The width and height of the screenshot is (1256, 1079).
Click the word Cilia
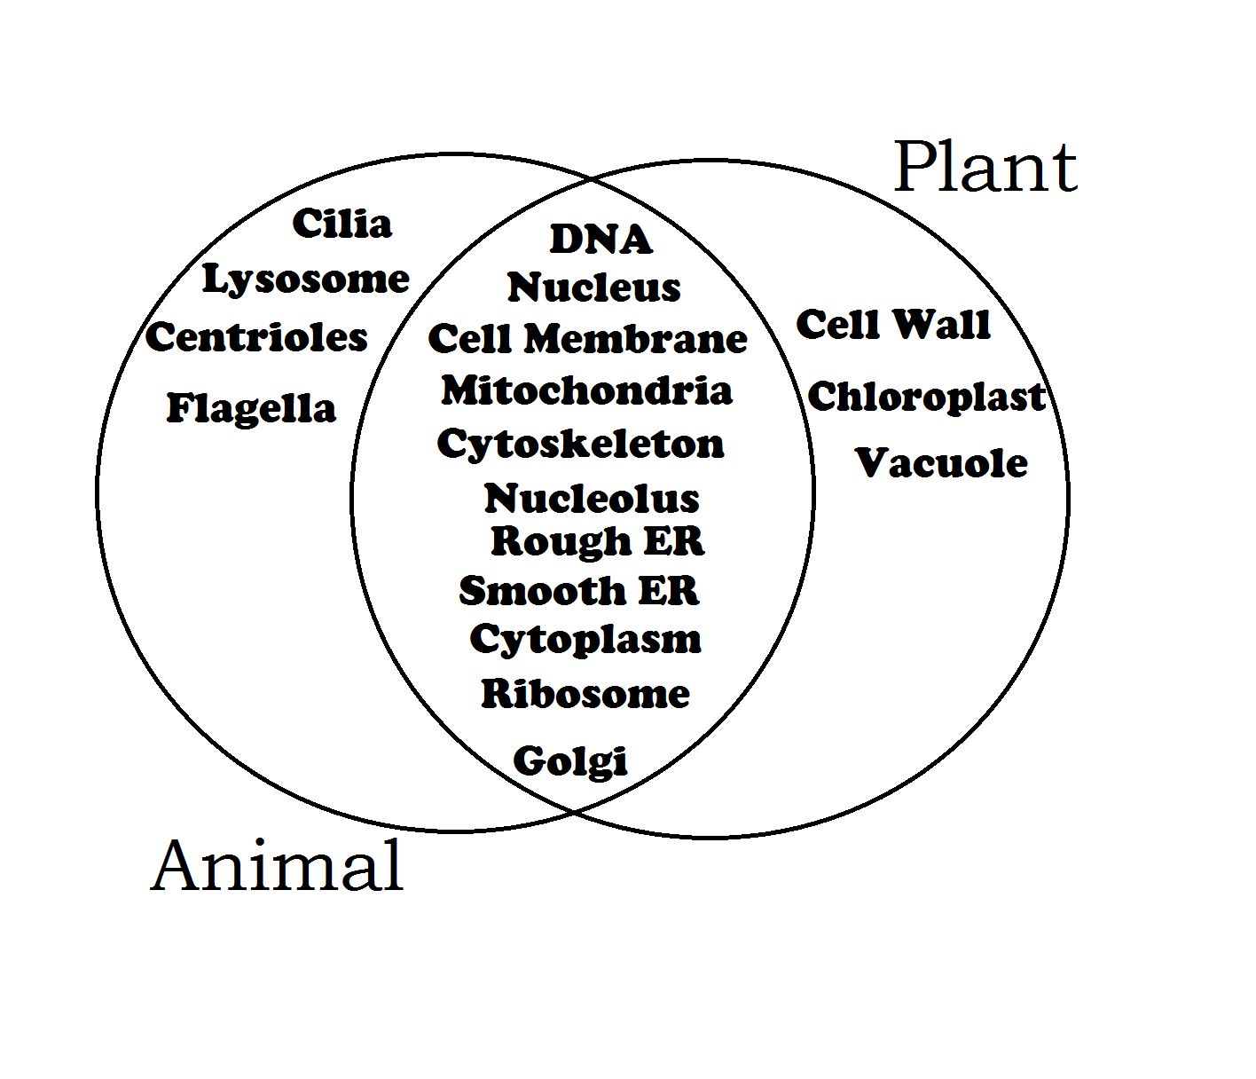342,224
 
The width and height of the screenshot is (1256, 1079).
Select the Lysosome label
306,280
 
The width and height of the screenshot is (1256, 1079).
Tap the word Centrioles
257,337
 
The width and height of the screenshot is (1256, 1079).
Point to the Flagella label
252,408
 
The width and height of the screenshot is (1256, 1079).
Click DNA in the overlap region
601,239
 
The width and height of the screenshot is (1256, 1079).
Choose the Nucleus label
594,287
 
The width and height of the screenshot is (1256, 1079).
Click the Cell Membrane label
588,339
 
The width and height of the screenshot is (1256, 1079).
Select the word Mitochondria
587,390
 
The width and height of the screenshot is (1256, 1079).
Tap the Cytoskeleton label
581,445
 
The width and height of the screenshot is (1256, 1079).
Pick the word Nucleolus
592,499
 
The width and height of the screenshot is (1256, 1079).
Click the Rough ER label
598,541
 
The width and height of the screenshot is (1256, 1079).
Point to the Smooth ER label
579,591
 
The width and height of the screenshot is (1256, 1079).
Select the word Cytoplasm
585,640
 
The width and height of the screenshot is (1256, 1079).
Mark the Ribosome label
585,694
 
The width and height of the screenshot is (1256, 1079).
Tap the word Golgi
570,761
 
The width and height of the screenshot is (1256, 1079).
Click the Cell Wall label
893,325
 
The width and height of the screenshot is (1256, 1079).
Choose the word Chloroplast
926,397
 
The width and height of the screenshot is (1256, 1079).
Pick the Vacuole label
942,463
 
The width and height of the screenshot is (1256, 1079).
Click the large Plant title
985,169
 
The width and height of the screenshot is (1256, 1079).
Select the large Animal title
278,865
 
